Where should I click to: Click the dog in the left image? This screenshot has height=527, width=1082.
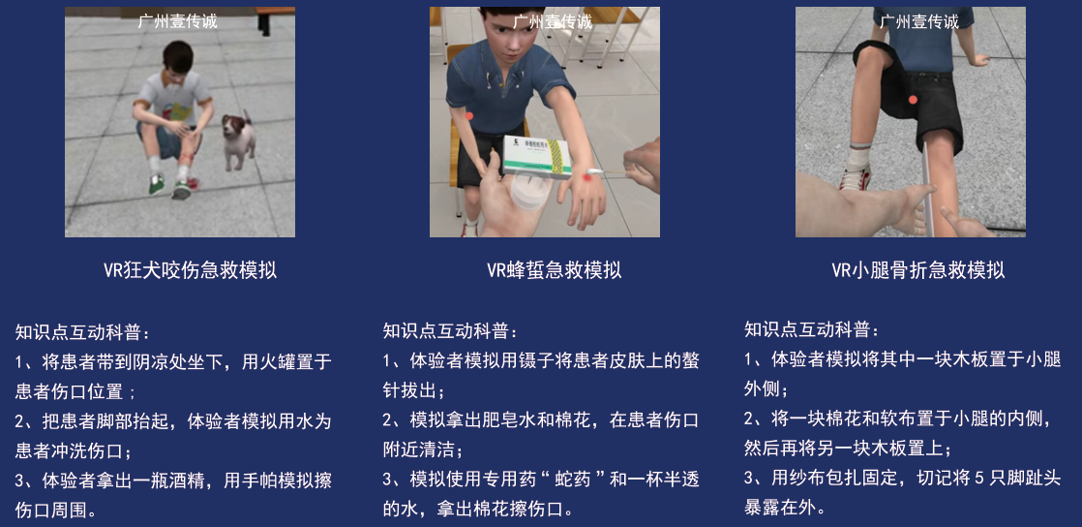tap(238, 139)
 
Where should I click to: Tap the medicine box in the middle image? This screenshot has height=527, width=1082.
tap(537, 158)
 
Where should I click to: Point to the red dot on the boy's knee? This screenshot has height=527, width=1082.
tap(913, 99)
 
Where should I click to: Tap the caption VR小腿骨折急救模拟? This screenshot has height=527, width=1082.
tap(917, 269)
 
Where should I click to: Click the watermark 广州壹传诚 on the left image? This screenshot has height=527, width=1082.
tap(179, 20)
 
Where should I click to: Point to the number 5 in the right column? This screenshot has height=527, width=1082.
tap(978, 478)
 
